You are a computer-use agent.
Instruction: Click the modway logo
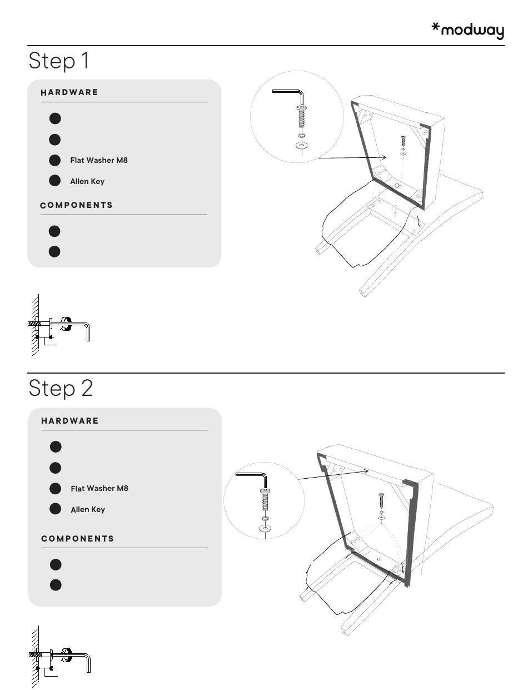click(467, 31)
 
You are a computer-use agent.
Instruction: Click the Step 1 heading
click(59, 61)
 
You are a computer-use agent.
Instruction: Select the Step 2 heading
click(61, 388)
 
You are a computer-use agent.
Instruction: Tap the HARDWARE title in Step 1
click(69, 92)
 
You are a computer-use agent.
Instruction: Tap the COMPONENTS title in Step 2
click(77, 539)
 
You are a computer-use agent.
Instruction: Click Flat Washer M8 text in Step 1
click(99, 160)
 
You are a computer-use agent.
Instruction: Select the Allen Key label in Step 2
click(88, 509)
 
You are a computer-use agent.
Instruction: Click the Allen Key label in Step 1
click(87, 181)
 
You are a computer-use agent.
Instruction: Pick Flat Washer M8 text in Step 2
click(99, 488)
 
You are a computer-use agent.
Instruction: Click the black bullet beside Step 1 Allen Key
click(55, 180)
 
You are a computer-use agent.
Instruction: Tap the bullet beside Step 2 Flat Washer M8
click(56, 489)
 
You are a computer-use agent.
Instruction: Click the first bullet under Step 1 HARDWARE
click(55, 118)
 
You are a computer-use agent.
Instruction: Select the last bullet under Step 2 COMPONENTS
click(56, 585)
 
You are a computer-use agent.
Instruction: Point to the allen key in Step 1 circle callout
click(301, 95)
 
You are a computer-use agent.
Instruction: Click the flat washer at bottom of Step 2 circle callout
click(265, 529)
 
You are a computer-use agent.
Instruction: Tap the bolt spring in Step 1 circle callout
click(301, 120)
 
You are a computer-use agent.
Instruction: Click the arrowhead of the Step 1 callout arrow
click(384, 157)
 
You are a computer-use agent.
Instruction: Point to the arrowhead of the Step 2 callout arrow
click(366, 471)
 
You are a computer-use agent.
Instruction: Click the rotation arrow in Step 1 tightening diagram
click(66, 324)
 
